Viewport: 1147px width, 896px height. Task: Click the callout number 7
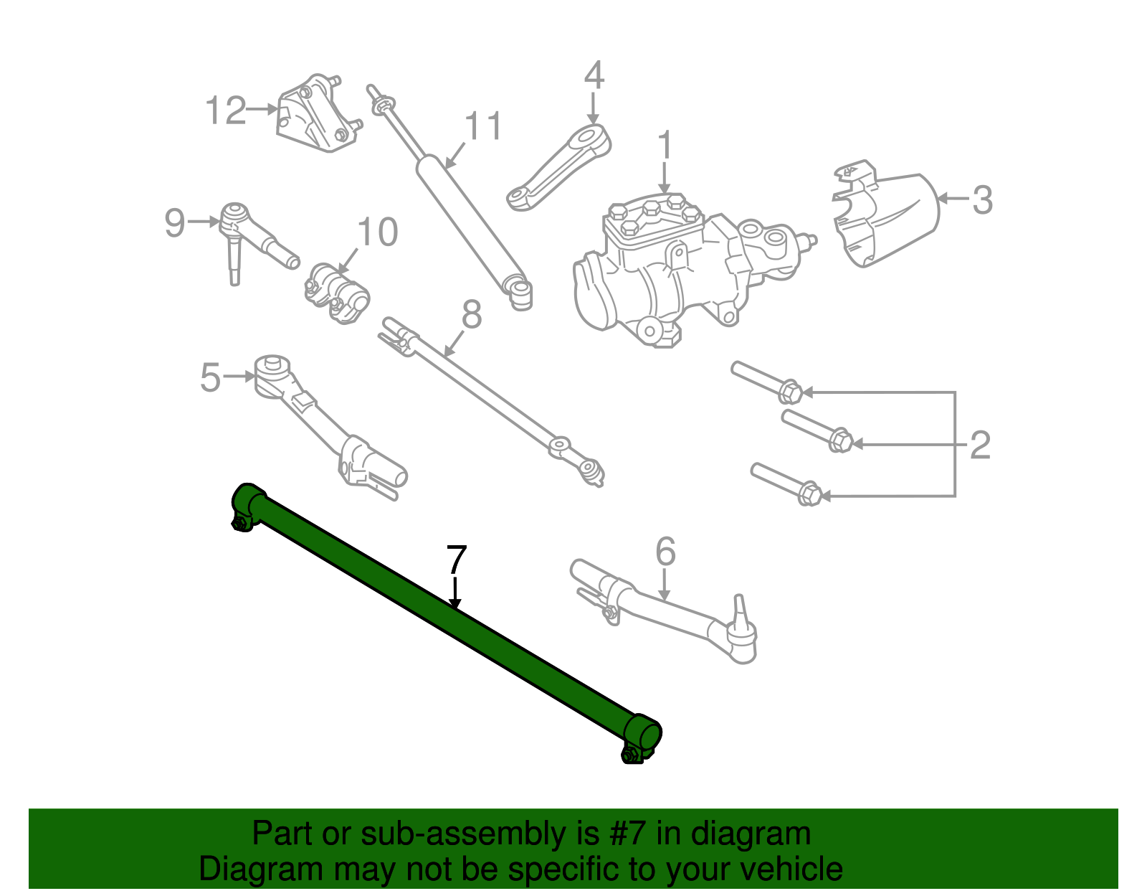[x=457, y=560]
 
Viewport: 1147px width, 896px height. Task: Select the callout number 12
[x=225, y=110]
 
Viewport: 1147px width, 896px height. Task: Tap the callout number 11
[x=484, y=126]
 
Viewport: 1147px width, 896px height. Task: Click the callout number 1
[x=665, y=146]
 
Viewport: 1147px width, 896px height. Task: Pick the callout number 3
[x=982, y=200]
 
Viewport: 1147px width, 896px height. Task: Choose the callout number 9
[x=175, y=223]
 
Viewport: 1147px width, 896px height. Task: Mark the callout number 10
[x=377, y=232]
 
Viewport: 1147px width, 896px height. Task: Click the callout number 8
[x=471, y=314]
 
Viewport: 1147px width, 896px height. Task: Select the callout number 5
[x=210, y=378]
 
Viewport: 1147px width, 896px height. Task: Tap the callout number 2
[x=980, y=445]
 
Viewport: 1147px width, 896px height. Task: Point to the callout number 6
[x=665, y=552]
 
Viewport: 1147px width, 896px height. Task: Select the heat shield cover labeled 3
[x=889, y=215]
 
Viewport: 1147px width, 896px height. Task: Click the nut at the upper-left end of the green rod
[x=240, y=524]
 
